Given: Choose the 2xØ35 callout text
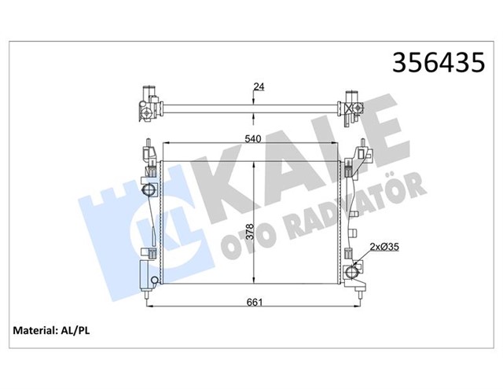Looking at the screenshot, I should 384,247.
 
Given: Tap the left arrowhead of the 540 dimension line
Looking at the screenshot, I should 164,145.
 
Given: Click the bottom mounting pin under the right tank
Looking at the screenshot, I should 361,295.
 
